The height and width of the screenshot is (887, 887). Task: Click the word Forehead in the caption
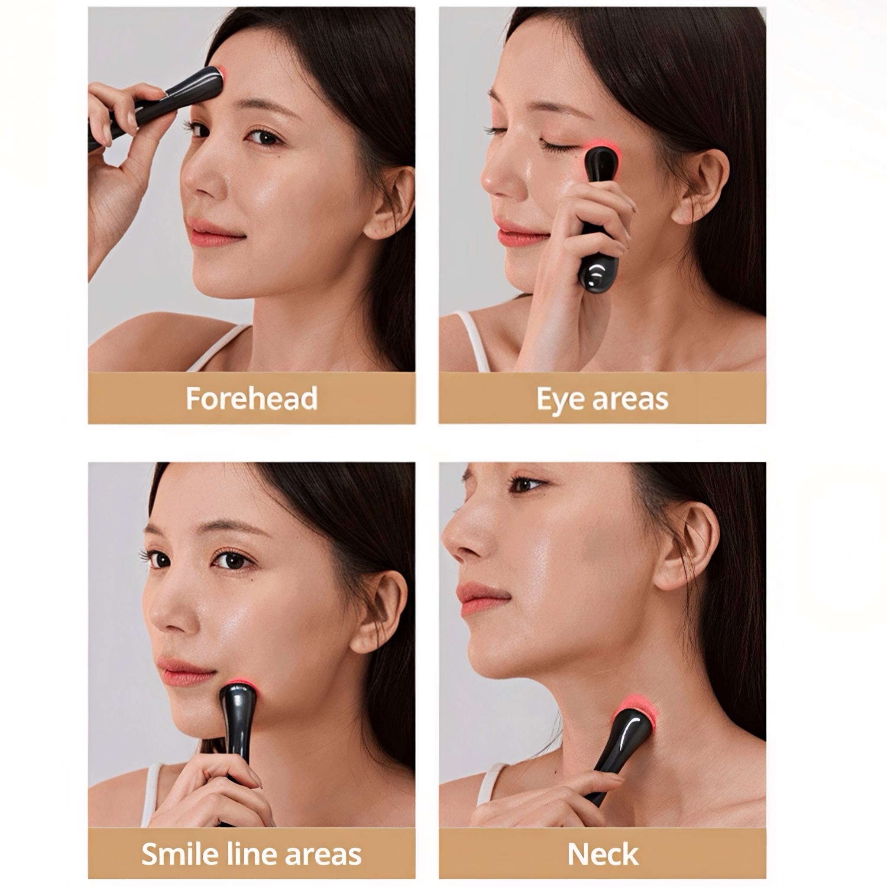pyautogui.click(x=252, y=398)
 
